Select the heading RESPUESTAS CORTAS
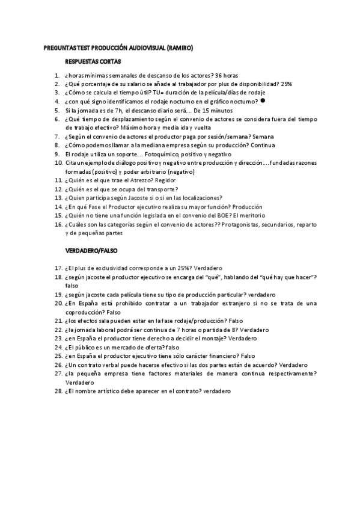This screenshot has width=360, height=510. (x=93, y=61)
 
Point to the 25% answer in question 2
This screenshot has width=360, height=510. (x=287, y=84)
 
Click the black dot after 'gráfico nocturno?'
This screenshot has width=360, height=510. (x=263, y=101)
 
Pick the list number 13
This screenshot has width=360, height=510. (x=58, y=197)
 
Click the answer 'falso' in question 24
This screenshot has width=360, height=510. (x=172, y=347)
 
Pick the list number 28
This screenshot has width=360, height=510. (x=58, y=391)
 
